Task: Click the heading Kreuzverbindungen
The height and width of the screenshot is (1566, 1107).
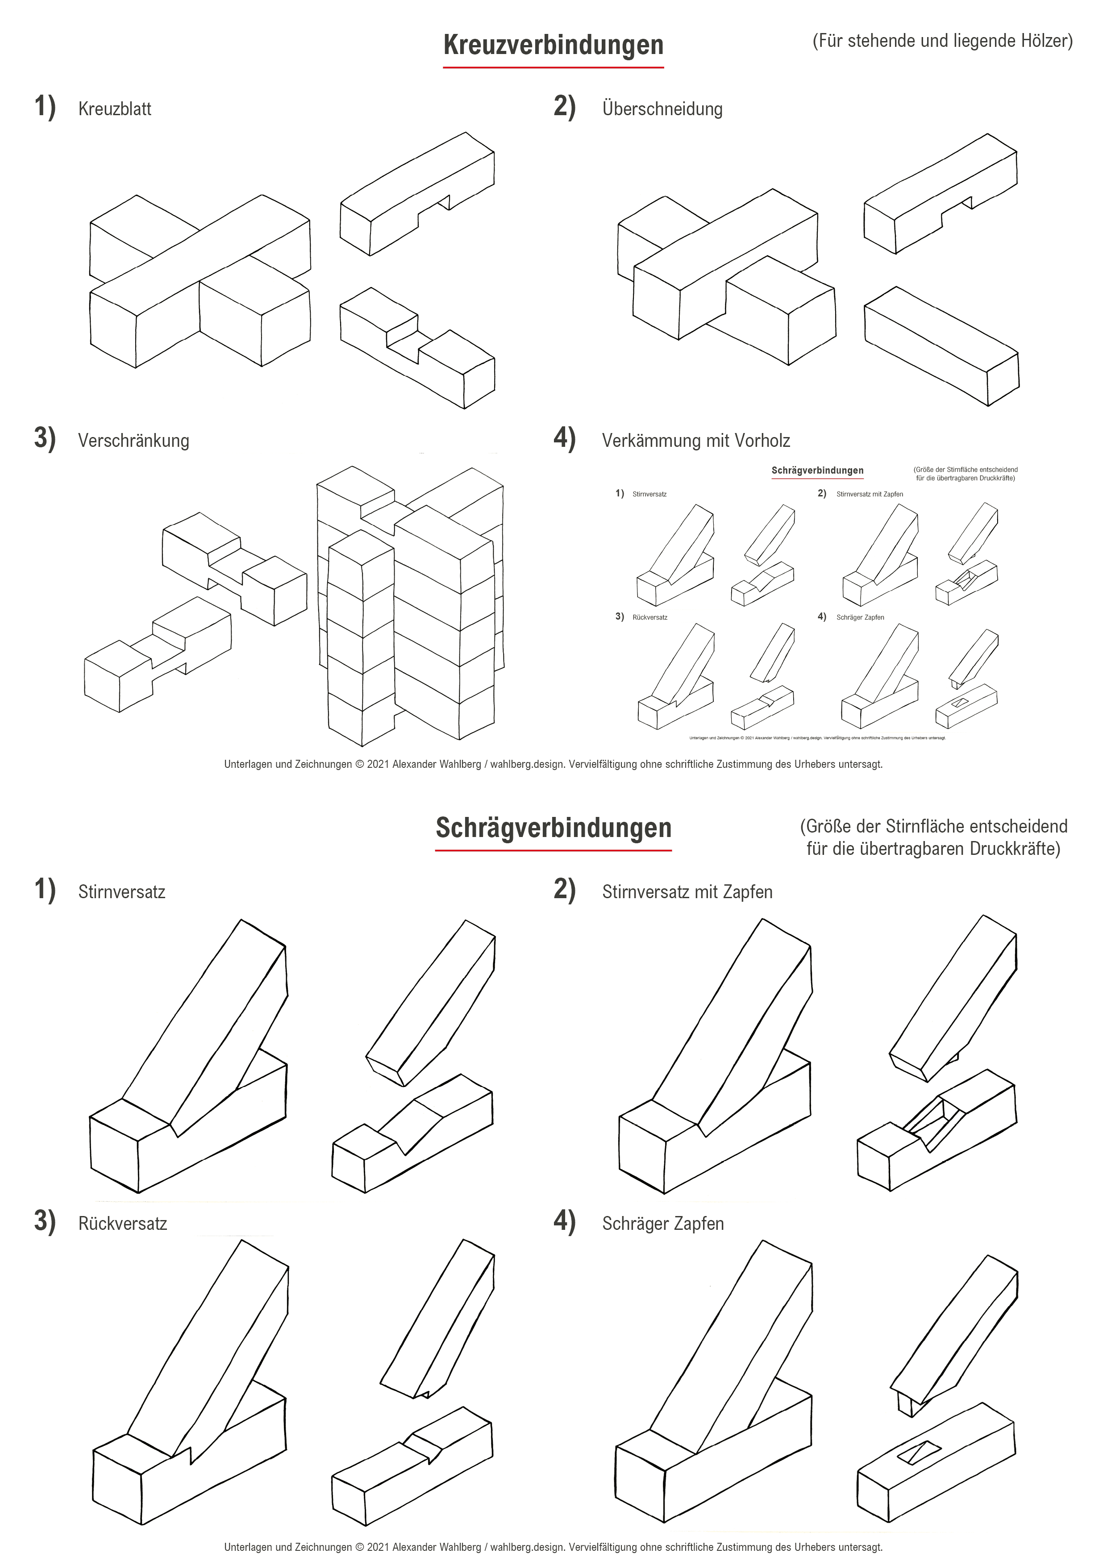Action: click(553, 45)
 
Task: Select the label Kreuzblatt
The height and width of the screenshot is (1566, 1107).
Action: click(115, 109)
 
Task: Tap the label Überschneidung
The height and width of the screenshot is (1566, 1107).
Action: click(662, 109)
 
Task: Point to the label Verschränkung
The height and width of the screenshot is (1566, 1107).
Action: click(133, 441)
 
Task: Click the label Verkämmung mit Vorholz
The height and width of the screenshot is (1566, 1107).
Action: click(696, 441)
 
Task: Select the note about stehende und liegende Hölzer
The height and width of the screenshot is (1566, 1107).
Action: click(942, 41)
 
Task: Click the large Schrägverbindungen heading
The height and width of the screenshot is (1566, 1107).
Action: click(553, 828)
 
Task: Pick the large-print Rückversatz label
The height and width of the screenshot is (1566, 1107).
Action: click(122, 1224)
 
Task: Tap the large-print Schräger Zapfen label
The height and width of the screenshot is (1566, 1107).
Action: click(662, 1224)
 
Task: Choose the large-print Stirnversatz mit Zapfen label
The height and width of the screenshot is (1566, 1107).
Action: click(687, 892)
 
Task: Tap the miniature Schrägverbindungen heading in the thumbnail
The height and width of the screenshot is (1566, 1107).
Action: click(817, 471)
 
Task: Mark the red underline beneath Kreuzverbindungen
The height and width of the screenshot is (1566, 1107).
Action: click(553, 67)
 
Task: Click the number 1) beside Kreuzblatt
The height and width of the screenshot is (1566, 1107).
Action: click(45, 107)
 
